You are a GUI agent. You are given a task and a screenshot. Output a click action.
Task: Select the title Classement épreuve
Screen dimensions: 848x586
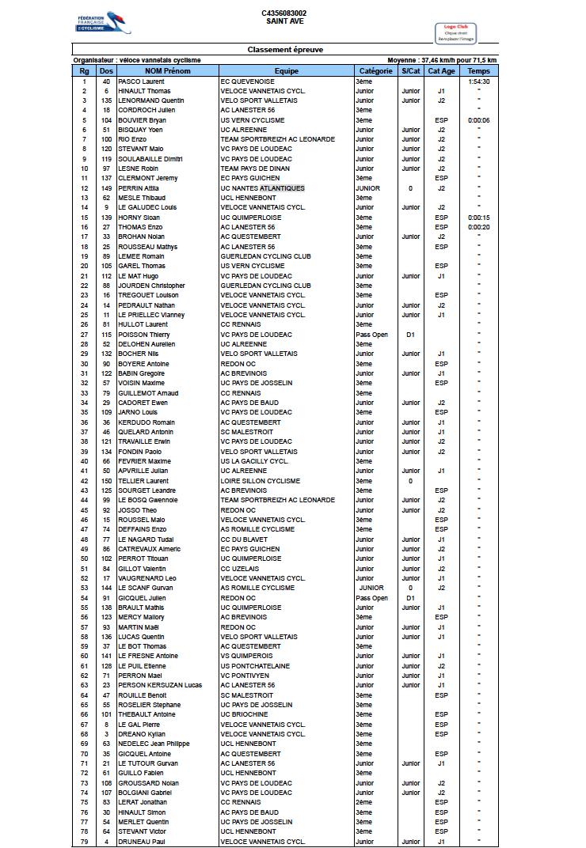tap(284, 50)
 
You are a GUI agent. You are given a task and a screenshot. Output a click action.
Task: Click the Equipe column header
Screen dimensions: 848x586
tap(286, 71)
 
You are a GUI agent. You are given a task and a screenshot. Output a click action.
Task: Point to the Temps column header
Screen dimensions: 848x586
tap(478, 71)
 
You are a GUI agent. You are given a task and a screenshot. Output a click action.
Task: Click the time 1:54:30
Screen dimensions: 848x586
tap(478, 81)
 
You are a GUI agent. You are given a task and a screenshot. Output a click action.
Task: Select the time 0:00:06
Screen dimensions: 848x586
tap(478, 120)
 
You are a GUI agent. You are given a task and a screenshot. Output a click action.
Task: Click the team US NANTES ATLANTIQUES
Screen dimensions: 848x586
tap(262, 188)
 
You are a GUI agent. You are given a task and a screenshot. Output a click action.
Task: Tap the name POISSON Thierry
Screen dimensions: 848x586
tap(143, 335)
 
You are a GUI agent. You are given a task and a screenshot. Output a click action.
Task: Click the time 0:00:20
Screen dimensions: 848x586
tap(478, 227)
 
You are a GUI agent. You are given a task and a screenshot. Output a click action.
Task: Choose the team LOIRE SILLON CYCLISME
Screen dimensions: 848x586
tap(260, 481)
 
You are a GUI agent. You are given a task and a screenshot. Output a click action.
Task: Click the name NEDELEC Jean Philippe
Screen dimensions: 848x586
tap(154, 744)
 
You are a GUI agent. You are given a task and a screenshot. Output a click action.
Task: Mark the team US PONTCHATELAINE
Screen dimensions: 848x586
tap(255, 666)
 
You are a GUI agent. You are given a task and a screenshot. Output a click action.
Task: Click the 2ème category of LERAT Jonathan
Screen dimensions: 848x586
tap(364, 802)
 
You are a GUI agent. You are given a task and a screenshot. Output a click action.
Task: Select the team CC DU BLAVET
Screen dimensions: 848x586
tap(244, 539)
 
